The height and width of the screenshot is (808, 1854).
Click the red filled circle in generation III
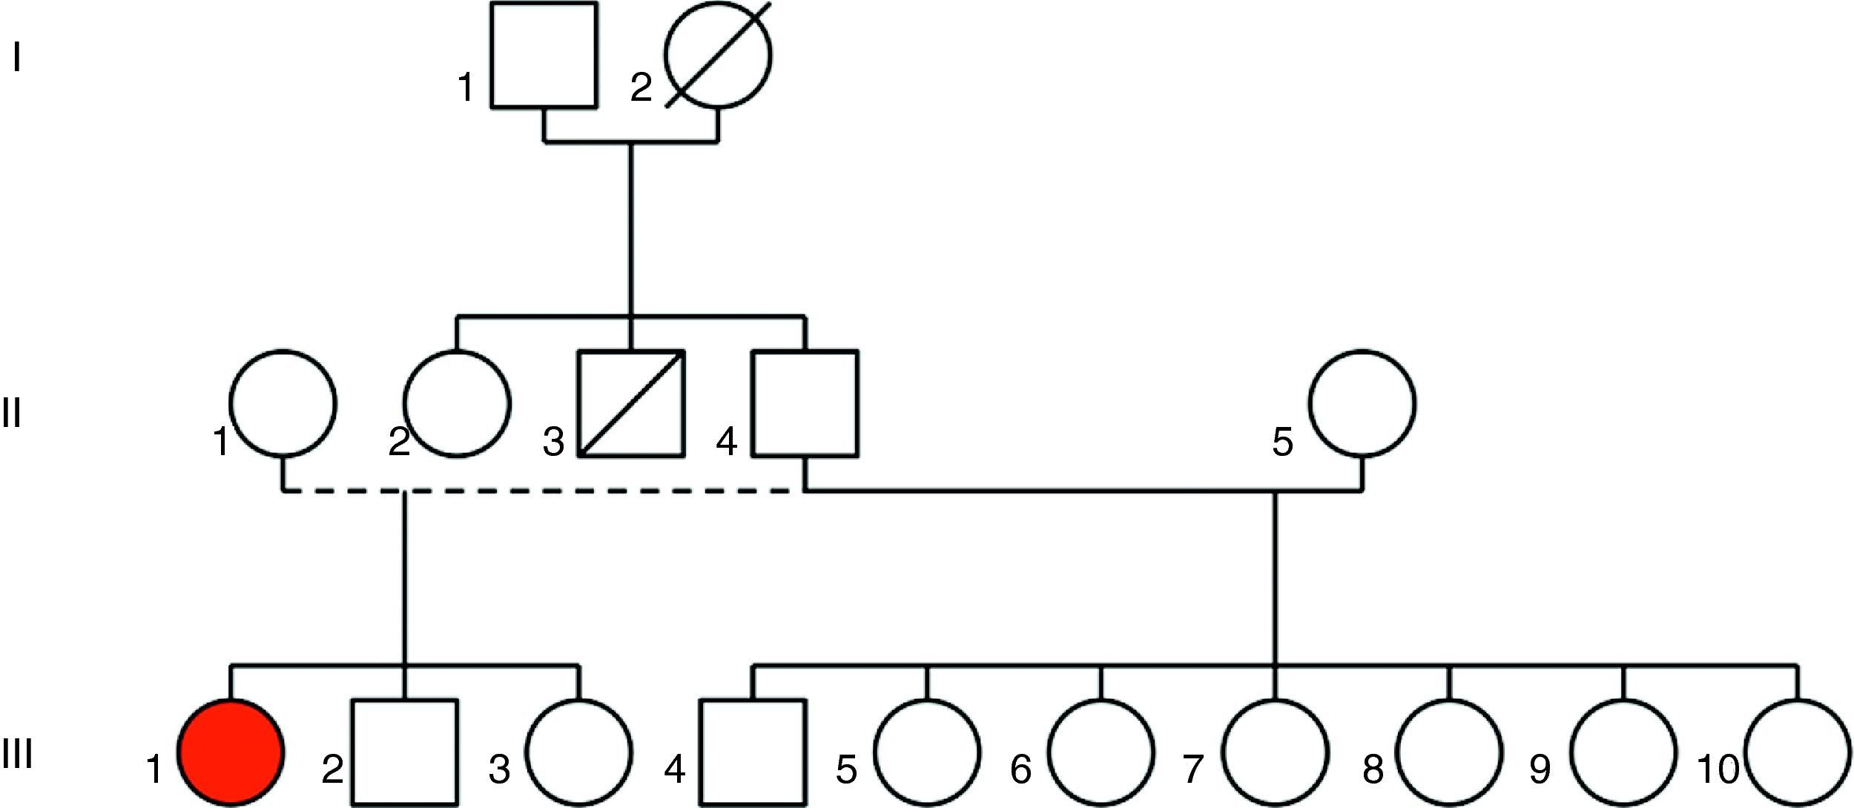(x=231, y=752)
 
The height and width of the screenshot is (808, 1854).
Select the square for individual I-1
(x=544, y=56)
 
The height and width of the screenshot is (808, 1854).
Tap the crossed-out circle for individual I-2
(x=719, y=56)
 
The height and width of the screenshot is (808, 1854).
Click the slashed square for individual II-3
(x=631, y=403)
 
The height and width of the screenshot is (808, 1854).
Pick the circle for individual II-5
(x=1362, y=403)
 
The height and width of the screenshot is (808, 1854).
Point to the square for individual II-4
(x=805, y=403)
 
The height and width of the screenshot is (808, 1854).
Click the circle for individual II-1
(x=283, y=403)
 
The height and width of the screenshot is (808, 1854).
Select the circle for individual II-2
(x=458, y=403)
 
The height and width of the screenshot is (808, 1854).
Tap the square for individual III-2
(x=405, y=752)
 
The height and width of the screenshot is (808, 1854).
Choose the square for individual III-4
(x=753, y=752)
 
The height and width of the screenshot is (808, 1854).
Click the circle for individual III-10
(x=1798, y=752)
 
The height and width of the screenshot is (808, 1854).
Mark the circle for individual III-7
(x=1275, y=752)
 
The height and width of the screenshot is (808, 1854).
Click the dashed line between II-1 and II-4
(x=593, y=491)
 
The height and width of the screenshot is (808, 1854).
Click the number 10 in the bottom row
(x=1718, y=769)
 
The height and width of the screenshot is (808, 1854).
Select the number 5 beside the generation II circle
(x=1282, y=442)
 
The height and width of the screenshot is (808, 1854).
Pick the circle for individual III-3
(x=579, y=752)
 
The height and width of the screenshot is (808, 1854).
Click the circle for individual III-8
(x=1449, y=752)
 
